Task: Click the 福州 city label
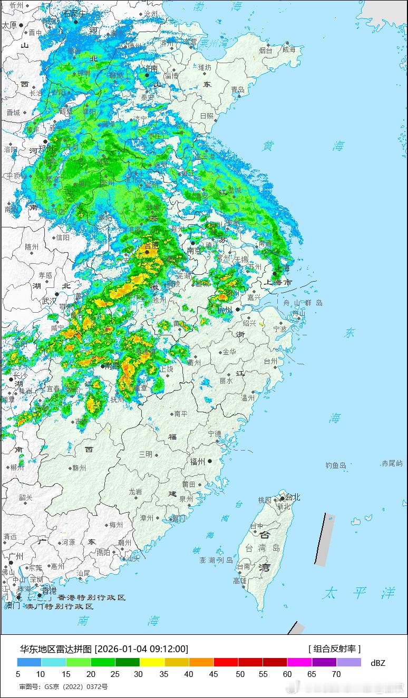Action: point(198,462)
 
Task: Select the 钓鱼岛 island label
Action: point(336,465)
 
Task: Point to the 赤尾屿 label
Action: point(392,463)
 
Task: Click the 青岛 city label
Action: point(238,90)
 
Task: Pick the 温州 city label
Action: point(247,398)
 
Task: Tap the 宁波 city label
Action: point(279,329)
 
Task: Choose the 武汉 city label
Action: point(48,301)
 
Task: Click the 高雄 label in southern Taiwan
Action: point(240,581)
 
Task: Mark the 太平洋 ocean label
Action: point(359,593)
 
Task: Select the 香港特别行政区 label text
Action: point(91,597)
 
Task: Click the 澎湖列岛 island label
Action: point(216,560)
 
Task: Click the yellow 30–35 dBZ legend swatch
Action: point(152,662)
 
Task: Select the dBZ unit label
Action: point(378,663)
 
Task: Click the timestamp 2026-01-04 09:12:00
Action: point(141,649)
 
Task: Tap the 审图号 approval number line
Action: point(63,687)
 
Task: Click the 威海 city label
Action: point(289,49)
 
